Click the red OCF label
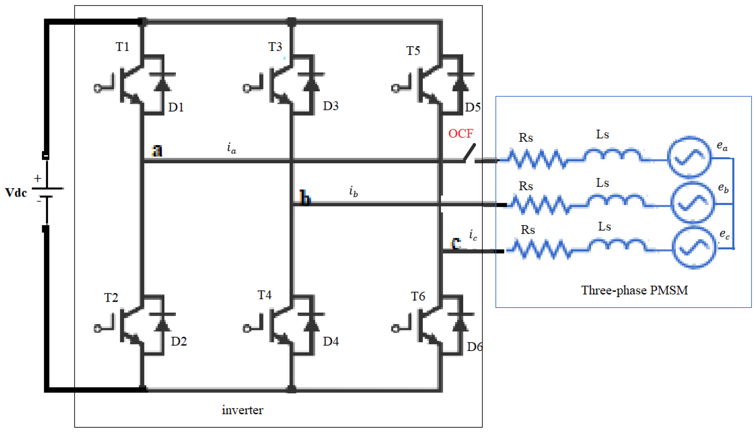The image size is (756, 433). coord(460,134)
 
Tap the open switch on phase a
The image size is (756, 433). coord(469,153)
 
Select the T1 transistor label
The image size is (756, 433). coord(122,47)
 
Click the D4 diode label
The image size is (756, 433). coord(331,342)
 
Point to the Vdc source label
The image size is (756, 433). coord(16,193)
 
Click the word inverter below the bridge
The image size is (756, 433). coord(242,410)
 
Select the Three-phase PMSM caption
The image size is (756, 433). coord(634,290)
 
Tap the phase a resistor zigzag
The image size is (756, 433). coord(537,159)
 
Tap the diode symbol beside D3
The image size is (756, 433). coord(311,83)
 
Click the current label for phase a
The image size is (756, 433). coord(232,148)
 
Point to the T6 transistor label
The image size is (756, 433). coord(418,297)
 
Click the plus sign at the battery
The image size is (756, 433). coord(38,178)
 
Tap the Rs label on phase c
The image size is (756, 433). coord(528,230)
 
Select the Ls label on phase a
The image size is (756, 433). coord(603,134)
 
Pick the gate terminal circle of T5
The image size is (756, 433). coord(395,88)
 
